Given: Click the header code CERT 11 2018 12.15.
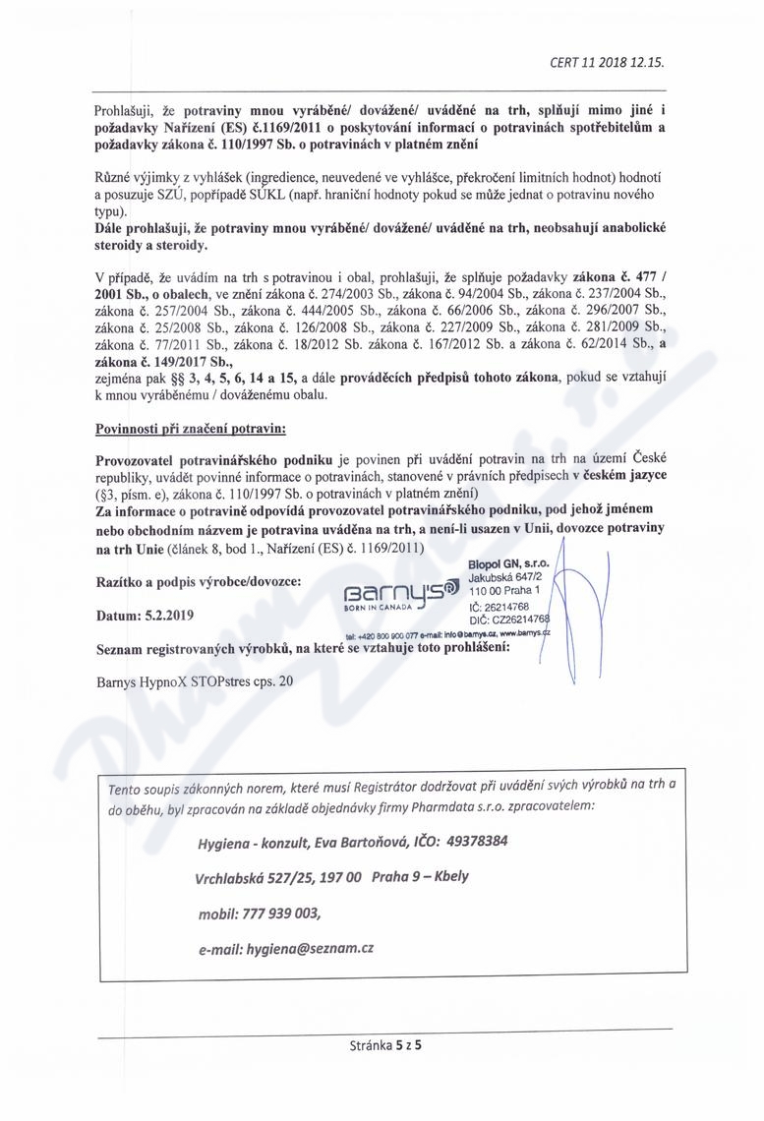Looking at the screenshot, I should [x=607, y=61].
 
